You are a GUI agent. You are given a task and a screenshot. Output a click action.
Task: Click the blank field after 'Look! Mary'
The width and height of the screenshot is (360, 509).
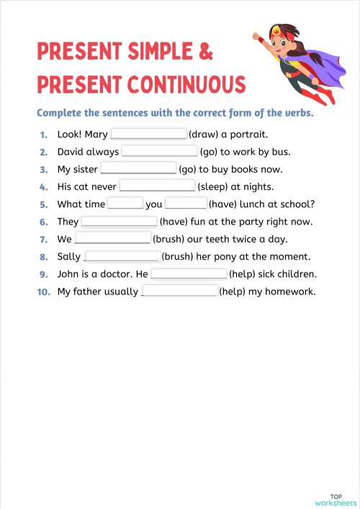click(x=148, y=134)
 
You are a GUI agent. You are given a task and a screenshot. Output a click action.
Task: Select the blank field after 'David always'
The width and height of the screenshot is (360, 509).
click(x=159, y=151)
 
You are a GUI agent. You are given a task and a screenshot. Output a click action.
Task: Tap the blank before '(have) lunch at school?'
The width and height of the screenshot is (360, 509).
click(x=186, y=204)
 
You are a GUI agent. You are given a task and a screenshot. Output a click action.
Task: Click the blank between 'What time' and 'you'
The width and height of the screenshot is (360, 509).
click(x=125, y=204)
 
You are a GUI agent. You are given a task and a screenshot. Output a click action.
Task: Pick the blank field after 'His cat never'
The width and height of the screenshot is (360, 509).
click(x=157, y=186)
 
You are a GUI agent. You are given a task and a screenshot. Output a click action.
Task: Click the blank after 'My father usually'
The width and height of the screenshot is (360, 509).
click(x=180, y=291)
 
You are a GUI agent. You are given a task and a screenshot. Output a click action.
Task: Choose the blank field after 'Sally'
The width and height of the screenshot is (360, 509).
click(x=122, y=256)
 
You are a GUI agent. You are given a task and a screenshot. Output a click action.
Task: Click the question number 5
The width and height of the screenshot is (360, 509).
click(x=44, y=204)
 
